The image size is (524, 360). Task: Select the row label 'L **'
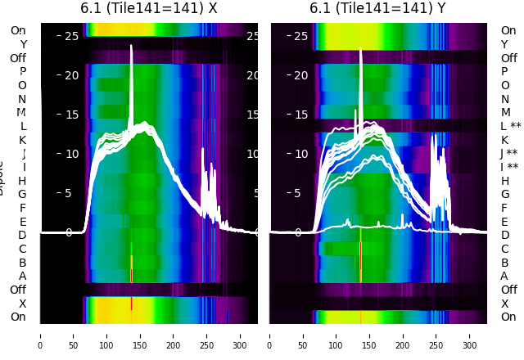click(x=511, y=126)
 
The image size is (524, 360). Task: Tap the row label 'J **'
click(x=511, y=154)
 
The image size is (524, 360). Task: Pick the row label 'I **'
click(x=511, y=167)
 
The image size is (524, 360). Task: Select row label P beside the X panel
click(x=22, y=71)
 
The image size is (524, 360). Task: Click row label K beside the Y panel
click(x=504, y=140)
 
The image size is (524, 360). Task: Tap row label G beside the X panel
click(x=22, y=194)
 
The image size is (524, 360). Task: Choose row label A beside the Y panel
click(x=504, y=276)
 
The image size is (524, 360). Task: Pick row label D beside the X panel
click(x=22, y=235)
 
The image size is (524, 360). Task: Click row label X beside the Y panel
click(x=504, y=304)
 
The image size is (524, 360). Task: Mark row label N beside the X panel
click(x=22, y=99)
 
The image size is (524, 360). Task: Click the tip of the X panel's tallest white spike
click(x=131, y=47)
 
